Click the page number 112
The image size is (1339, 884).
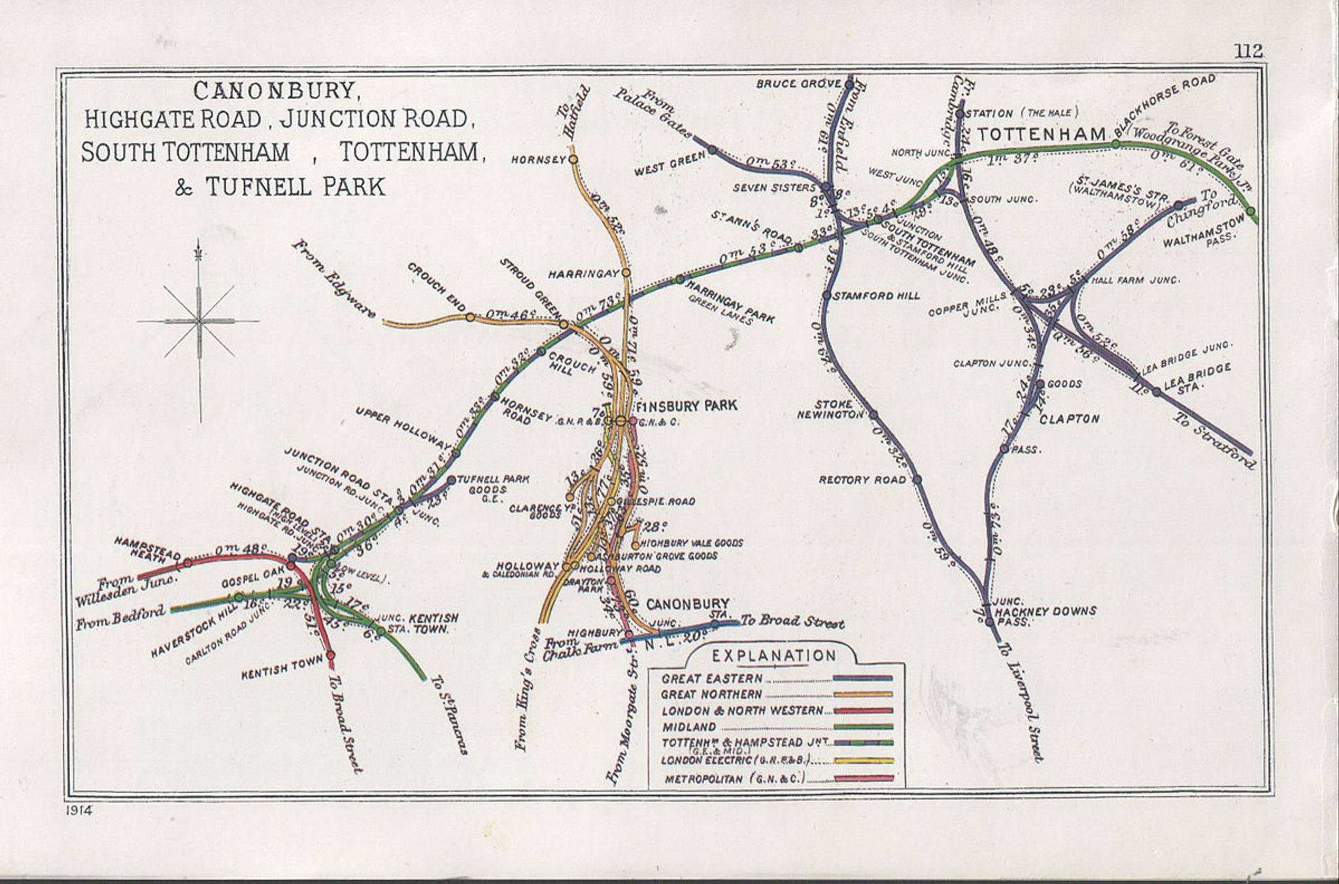tap(1249, 51)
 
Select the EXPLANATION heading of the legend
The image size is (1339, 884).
tap(774, 655)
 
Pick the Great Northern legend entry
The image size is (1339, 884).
tap(712, 695)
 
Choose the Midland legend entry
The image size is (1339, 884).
tap(689, 727)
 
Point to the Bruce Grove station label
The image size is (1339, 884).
tap(795, 84)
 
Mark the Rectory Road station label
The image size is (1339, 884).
tap(862, 480)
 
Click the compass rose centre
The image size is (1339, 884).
tap(199, 321)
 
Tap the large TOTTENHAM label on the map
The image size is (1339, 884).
tap(1040, 134)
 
